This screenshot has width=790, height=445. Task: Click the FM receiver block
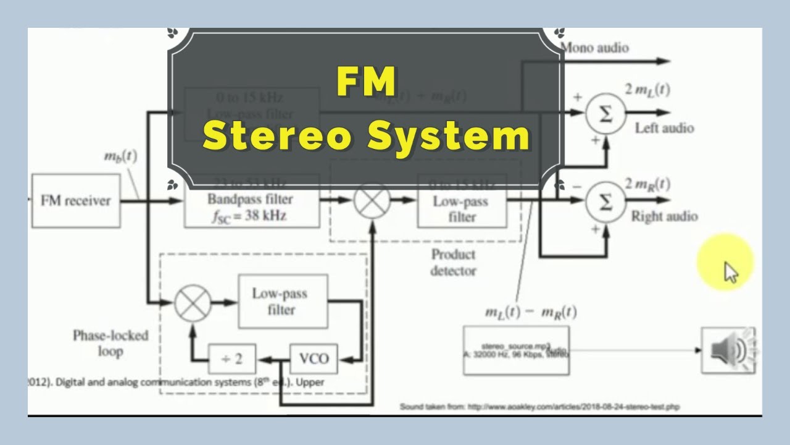click(x=75, y=201)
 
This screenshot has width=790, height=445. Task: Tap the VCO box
click(x=314, y=358)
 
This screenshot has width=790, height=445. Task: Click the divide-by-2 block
click(x=231, y=358)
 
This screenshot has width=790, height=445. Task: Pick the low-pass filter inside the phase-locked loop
click(x=283, y=302)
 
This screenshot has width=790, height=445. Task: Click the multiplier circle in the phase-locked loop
click(x=193, y=303)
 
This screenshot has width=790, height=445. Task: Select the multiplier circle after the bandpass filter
click(x=372, y=201)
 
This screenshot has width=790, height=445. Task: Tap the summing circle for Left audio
click(x=605, y=113)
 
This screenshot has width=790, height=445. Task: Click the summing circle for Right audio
click(x=605, y=201)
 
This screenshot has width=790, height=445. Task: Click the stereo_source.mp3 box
click(x=516, y=350)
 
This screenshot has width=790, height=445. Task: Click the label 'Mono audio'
click(x=595, y=48)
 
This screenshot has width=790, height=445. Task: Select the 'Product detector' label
click(x=454, y=263)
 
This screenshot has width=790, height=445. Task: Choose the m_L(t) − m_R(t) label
click(x=530, y=312)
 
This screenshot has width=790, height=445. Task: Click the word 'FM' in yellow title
click(x=366, y=82)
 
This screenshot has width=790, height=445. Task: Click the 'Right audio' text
click(x=665, y=216)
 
